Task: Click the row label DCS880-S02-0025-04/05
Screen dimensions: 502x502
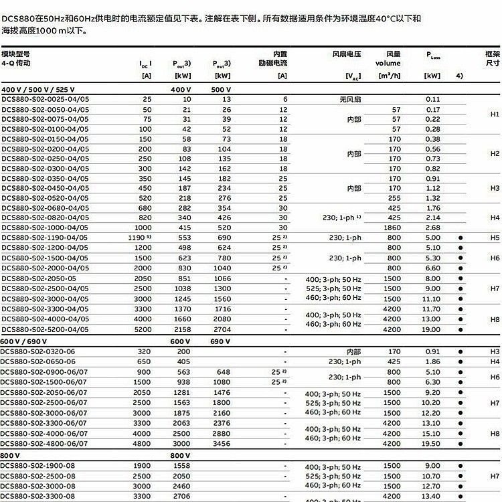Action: point(45,99)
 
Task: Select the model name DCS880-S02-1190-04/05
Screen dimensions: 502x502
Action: point(45,238)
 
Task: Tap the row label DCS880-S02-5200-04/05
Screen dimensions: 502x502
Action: point(45,329)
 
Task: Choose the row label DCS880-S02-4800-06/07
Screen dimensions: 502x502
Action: point(45,443)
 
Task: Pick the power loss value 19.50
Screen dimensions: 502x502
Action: point(431,443)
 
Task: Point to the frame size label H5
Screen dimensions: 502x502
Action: point(495,238)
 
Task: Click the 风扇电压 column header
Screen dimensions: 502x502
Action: point(347,54)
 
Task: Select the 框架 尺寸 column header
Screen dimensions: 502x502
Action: point(492,58)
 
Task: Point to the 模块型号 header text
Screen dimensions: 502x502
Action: point(16,54)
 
